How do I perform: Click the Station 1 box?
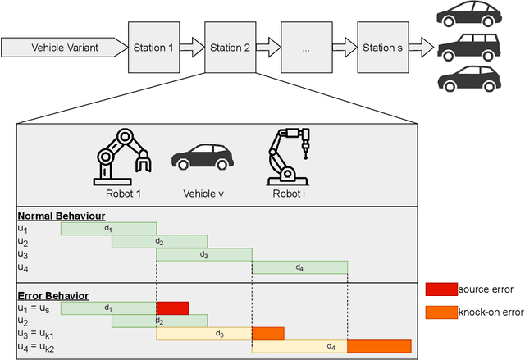pyautogui.click(x=153, y=48)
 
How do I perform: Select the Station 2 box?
pyautogui.click(x=230, y=48)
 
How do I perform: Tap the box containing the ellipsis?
pyautogui.click(x=306, y=48)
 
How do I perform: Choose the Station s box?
pyautogui.click(x=382, y=48)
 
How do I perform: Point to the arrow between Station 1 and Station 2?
pyautogui.click(x=191, y=48)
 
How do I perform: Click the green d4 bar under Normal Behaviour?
pyautogui.click(x=299, y=267)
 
